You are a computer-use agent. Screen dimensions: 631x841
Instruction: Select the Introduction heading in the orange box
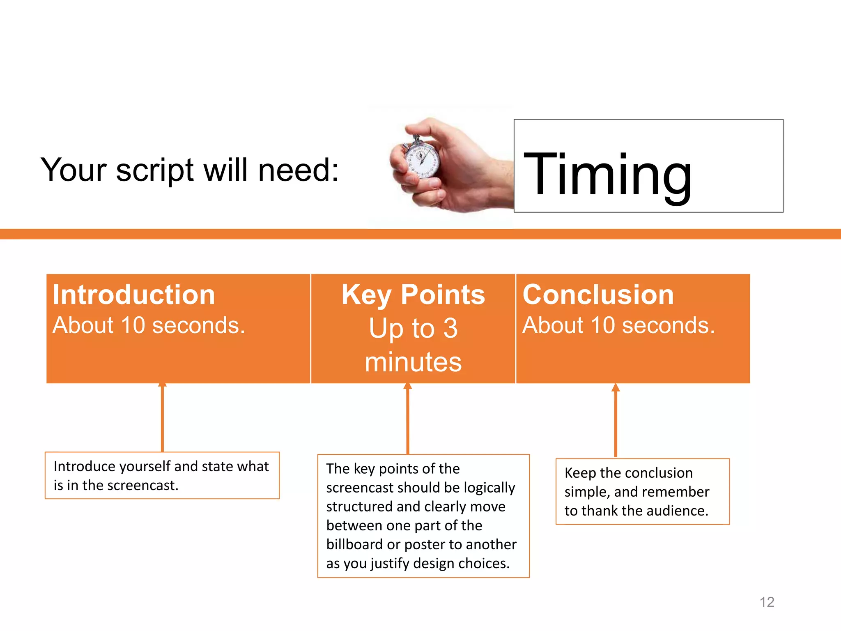click(x=134, y=295)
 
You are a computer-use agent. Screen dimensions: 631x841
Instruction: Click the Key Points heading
click(x=413, y=295)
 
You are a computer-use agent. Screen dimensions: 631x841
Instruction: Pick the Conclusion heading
click(x=598, y=295)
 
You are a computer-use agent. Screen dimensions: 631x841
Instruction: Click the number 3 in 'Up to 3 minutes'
click(x=450, y=329)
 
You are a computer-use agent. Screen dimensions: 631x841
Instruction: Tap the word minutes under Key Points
click(x=413, y=362)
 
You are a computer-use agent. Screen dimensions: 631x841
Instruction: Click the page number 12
click(x=767, y=602)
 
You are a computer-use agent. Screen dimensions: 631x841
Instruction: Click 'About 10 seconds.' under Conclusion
click(x=618, y=325)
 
